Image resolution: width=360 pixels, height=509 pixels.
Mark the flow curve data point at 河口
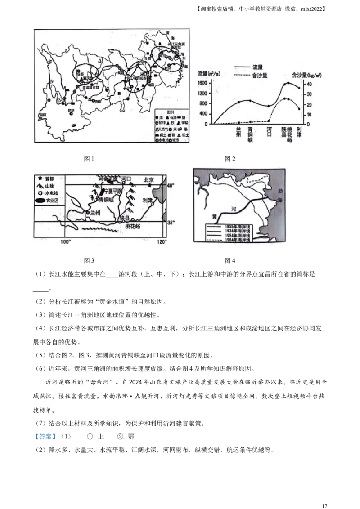[269, 106]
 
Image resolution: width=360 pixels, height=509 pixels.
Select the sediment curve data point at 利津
[299, 109]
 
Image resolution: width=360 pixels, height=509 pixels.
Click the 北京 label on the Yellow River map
[148, 179]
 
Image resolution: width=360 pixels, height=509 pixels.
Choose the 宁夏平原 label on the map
[112, 191]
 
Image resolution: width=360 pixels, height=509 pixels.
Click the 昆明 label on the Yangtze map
[70, 110]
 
